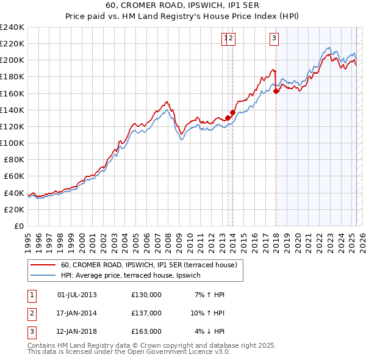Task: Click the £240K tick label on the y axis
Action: click(12, 27)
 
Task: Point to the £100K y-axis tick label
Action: click(12, 143)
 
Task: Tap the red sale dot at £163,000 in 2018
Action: click(276, 91)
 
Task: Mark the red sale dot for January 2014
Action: click(232, 113)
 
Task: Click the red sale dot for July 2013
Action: click(228, 118)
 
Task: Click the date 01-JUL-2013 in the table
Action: click(77, 295)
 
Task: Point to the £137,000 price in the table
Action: click(146, 313)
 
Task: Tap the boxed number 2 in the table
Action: click(30, 313)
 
